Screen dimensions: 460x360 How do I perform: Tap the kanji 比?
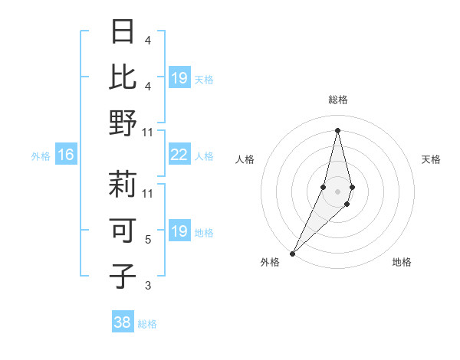pyautogui.click(x=123, y=78)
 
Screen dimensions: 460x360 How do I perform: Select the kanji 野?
pyautogui.click(x=123, y=123)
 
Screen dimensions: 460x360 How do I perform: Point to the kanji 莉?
pyautogui.click(x=123, y=186)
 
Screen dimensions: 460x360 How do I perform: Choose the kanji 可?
pyautogui.click(x=123, y=231)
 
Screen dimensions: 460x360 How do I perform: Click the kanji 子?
pyautogui.click(x=123, y=276)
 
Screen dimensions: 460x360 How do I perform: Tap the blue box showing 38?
pyautogui.click(x=122, y=322)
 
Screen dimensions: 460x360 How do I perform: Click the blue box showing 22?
pyautogui.click(x=179, y=155)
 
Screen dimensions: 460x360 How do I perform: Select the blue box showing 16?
pyautogui.click(x=65, y=155)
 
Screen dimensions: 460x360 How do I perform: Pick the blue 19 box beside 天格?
pyautogui.click(x=179, y=78)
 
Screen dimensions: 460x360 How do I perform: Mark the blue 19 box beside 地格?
pyautogui.click(x=179, y=231)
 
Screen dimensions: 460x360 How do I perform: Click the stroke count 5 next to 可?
pyautogui.click(x=148, y=240)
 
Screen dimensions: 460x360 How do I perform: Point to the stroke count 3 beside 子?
pyautogui.click(x=148, y=286)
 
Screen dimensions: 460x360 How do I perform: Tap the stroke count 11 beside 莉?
pyautogui.click(x=148, y=194)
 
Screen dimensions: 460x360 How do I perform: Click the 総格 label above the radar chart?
pyautogui.click(x=337, y=100)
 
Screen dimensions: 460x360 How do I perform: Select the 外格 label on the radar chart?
pyautogui.click(x=270, y=262)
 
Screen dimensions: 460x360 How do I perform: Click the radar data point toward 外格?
pyautogui.click(x=293, y=253)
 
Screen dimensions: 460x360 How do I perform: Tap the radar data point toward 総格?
pyautogui.click(x=337, y=130)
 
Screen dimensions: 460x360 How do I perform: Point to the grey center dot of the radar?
pyautogui.click(x=337, y=191)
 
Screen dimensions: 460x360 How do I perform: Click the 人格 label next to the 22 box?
pyautogui.click(x=204, y=155)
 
